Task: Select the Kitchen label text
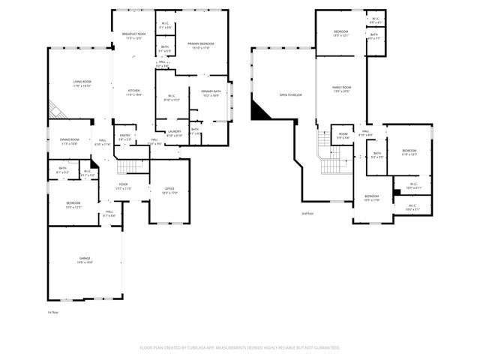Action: pos(133,92)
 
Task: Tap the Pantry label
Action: pos(124,136)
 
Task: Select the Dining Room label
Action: pos(70,140)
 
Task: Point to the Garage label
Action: pos(84,259)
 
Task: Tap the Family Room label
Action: pos(342,88)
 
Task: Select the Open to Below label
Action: pos(290,94)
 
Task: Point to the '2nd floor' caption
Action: pos(307,213)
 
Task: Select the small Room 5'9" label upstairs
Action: pos(343,135)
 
